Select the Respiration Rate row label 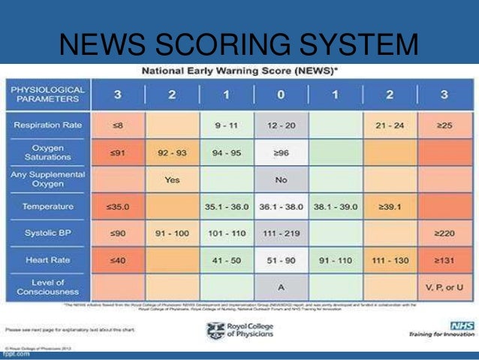click(x=47, y=124)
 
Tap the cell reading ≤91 click(x=116, y=152)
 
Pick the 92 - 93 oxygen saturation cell click(x=172, y=152)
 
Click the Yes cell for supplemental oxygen click(x=172, y=180)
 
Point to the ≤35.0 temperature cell click(x=116, y=206)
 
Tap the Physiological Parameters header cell click(x=47, y=95)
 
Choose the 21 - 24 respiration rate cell click(x=390, y=124)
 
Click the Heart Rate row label click(x=47, y=259)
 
